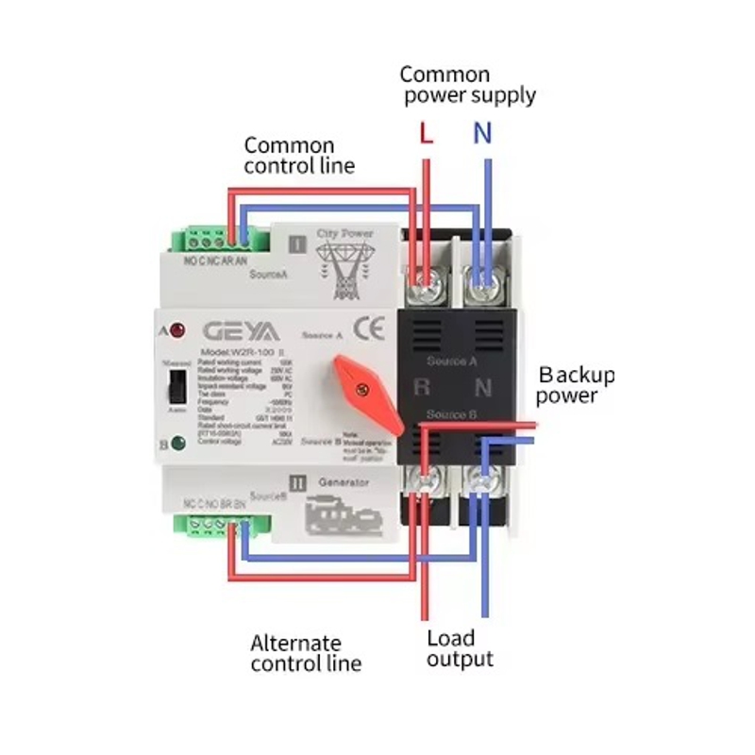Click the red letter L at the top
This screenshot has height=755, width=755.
pos(426,134)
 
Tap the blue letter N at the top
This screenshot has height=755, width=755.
pos(482,134)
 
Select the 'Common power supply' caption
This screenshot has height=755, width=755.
pos(467,85)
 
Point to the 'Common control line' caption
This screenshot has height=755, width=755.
pos(298,156)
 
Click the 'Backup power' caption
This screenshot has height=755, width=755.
pos(575,385)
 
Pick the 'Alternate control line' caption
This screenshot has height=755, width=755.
pos(305,653)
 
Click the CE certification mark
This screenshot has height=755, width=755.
pos(367,329)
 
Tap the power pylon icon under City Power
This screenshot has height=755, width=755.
pos(343,265)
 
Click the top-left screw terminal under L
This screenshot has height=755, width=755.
pos(429,277)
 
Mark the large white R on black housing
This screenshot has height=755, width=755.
pos(422,386)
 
